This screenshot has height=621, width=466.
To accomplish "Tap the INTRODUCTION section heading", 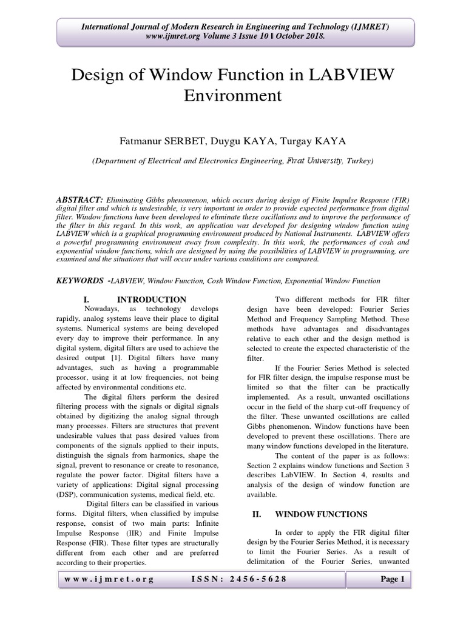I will (151, 300).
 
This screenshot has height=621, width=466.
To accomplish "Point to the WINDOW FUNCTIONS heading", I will (321, 514).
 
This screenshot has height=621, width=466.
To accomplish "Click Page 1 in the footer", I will (392, 580).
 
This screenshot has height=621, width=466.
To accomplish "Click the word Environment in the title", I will (232, 95).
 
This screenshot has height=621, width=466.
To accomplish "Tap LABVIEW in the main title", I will (347, 75).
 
